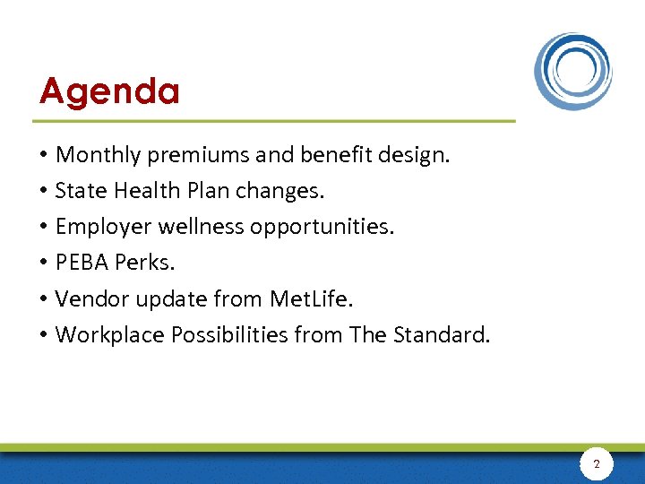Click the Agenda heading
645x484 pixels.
(109, 91)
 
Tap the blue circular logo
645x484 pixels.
(573, 71)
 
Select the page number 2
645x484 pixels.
(597, 464)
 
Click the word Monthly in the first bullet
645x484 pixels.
(98, 155)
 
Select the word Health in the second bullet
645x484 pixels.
(138, 191)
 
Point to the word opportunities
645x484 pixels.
(322, 227)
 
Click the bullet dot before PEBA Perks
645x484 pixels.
(44, 264)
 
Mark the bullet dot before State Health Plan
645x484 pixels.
(44, 192)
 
